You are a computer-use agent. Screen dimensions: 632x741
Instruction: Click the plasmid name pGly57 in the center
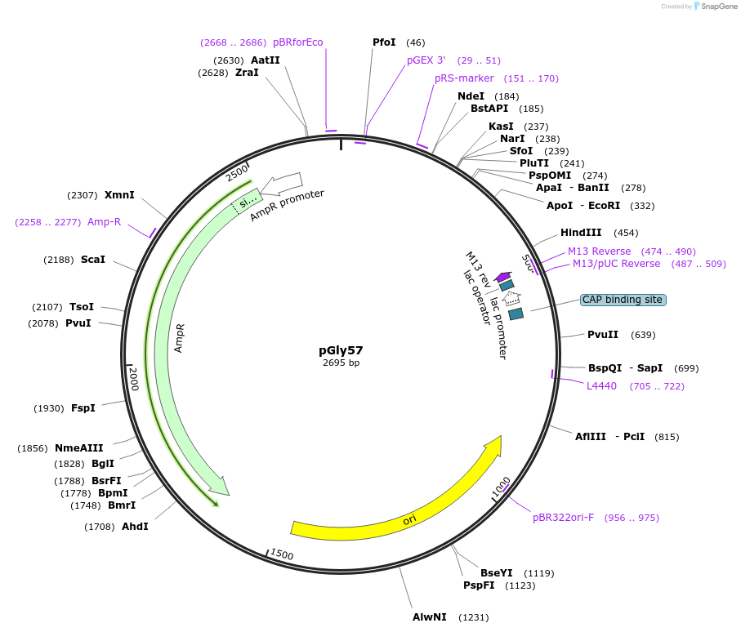(x=341, y=350)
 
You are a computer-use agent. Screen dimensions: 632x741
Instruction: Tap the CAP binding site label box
(x=623, y=300)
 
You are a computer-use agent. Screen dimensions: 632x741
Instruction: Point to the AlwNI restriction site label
(x=430, y=616)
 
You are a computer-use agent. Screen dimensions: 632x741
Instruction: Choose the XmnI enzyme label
(x=119, y=194)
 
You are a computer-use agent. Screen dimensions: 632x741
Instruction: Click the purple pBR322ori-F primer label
(x=563, y=517)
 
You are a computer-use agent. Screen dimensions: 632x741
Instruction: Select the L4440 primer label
(x=601, y=385)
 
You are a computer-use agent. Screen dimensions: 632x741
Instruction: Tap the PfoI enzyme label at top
(x=384, y=42)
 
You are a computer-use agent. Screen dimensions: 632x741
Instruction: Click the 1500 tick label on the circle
(x=281, y=554)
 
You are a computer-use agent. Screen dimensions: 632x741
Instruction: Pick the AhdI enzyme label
(x=135, y=526)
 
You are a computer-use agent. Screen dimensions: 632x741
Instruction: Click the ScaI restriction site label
(x=93, y=259)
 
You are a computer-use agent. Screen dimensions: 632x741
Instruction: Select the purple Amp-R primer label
(x=104, y=221)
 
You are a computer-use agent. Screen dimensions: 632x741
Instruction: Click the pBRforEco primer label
(x=297, y=42)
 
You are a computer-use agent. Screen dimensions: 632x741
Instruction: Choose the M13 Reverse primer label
(x=599, y=251)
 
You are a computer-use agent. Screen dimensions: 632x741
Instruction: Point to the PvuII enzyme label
(x=603, y=334)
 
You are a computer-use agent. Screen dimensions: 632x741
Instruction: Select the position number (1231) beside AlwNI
(x=473, y=616)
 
